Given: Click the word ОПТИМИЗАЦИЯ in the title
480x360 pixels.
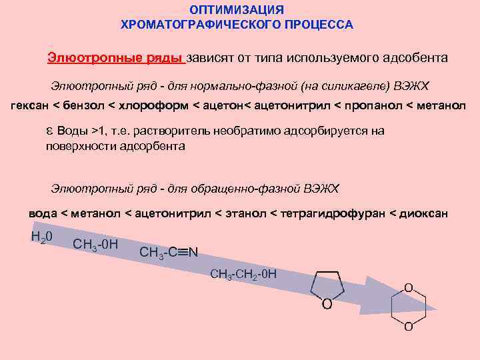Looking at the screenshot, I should click(x=237, y=10).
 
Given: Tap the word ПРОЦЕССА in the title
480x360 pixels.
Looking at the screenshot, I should click(x=321, y=25).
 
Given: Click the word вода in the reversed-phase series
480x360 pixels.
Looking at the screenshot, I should click(x=43, y=213).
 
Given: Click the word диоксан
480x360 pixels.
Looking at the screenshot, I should click(x=424, y=213).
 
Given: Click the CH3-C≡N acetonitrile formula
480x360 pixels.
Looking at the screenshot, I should click(x=169, y=253).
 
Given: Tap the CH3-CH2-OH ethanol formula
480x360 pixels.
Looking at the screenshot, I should click(x=243, y=274).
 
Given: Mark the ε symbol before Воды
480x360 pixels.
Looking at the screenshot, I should click(x=49, y=131).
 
